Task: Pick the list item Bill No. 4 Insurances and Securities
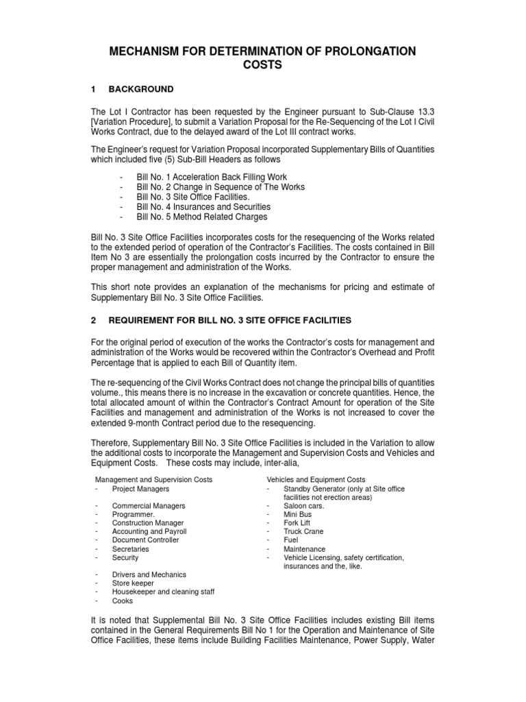203,206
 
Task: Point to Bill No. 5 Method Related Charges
202,217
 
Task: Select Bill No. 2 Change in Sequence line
221,187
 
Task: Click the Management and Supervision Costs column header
153,479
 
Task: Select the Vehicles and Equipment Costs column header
316,479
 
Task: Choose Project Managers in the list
141,489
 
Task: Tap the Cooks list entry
123,601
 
